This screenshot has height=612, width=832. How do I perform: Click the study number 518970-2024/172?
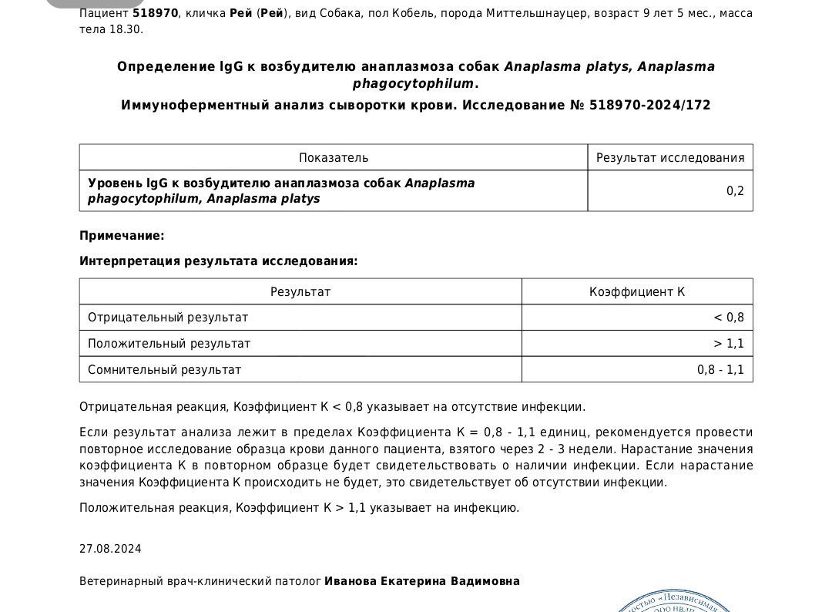pos(649,105)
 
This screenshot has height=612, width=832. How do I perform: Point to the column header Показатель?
pos(334,158)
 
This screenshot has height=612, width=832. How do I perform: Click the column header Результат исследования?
pos(670,158)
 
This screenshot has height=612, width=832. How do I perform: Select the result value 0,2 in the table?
pos(735,191)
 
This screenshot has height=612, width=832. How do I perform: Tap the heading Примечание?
pos(122,236)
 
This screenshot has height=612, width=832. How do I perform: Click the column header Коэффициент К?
pos(637,292)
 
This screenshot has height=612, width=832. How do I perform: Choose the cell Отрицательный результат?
pos(168,318)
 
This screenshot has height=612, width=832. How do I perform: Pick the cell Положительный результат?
pos(169,344)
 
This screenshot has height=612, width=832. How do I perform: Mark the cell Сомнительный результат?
pos(164,370)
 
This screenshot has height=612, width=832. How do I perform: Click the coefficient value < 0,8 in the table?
pos(729,318)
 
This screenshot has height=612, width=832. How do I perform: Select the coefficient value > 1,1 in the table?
pos(729,344)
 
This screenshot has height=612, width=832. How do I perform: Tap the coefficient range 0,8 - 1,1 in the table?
pos(720,370)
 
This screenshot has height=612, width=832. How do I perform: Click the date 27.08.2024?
pos(110,550)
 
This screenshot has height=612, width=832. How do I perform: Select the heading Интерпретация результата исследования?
pos(218,261)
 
